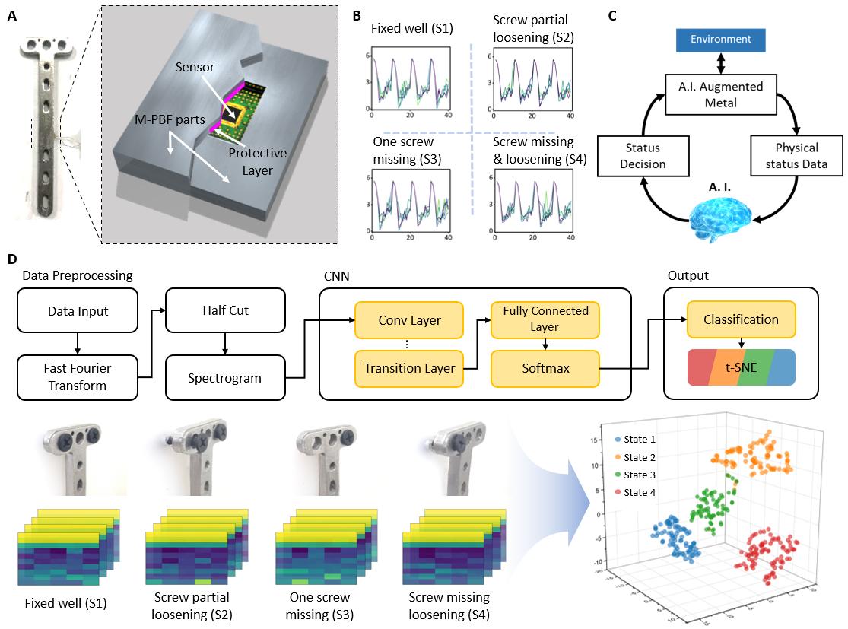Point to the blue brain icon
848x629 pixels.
(x=721, y=216)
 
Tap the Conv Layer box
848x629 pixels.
(x=410, y=319)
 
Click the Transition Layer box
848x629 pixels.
(x=410, y=368)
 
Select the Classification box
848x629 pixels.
(x=742, y=319)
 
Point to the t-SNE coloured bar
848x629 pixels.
(x=742, y=367)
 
